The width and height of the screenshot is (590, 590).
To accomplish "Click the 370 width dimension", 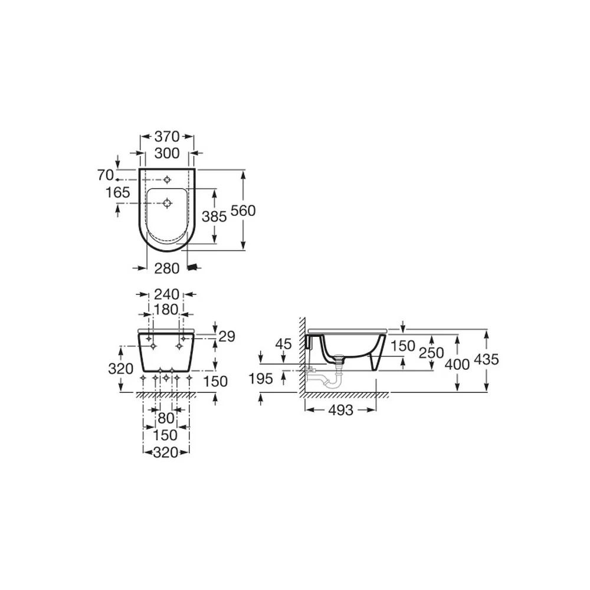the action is coord(167,136).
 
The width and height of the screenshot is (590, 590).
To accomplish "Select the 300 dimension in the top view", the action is coord(167,153).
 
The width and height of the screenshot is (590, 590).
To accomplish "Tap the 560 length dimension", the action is coord(243,211).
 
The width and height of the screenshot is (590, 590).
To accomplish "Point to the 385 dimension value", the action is coord(214,217).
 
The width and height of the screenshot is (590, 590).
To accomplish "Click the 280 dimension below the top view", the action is coord(167,268).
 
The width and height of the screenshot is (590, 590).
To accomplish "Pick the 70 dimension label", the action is coord(106,175).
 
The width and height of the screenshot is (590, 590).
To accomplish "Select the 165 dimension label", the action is coord(118,192).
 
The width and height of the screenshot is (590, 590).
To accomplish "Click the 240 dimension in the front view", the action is coord(167,294).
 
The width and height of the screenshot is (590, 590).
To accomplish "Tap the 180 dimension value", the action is coord(166,309).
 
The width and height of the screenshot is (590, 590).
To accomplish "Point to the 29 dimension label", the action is coord(227,336).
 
